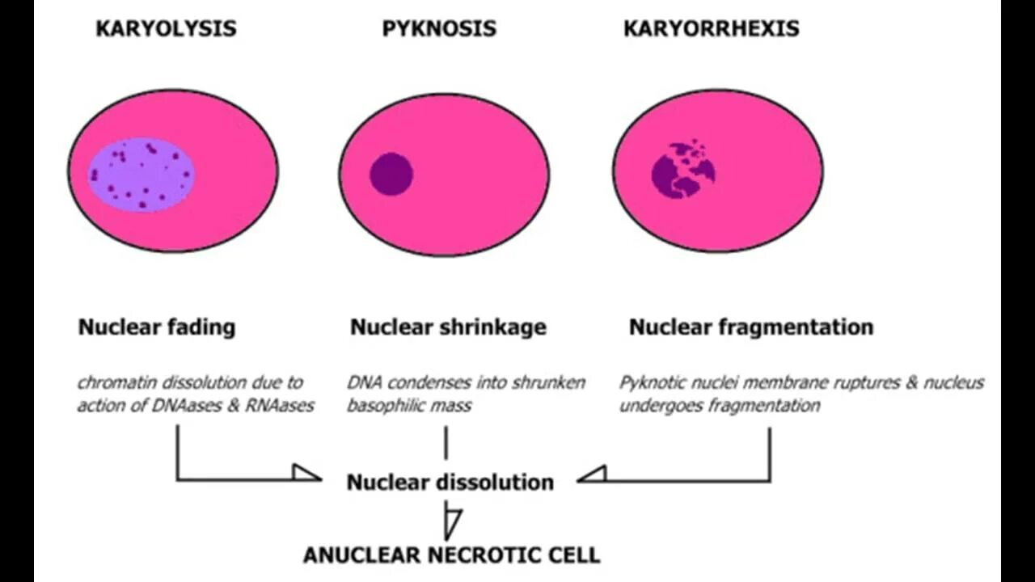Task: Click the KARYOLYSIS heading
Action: [166, 29]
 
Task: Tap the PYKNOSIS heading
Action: [439, 29]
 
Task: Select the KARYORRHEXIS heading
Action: [711, 29]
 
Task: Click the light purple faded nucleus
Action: [141, 174]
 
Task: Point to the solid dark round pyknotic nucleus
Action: [391, 174]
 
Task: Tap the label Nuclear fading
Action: [157, 327]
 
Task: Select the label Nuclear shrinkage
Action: [448, 327]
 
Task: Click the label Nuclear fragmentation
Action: [751, 327]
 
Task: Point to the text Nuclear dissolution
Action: [450, 483]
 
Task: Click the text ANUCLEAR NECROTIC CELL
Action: [451, 555]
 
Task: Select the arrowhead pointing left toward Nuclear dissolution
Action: [592, 473]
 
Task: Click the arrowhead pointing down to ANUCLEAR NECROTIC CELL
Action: [453, 521]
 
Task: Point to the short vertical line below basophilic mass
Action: [446, 443]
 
